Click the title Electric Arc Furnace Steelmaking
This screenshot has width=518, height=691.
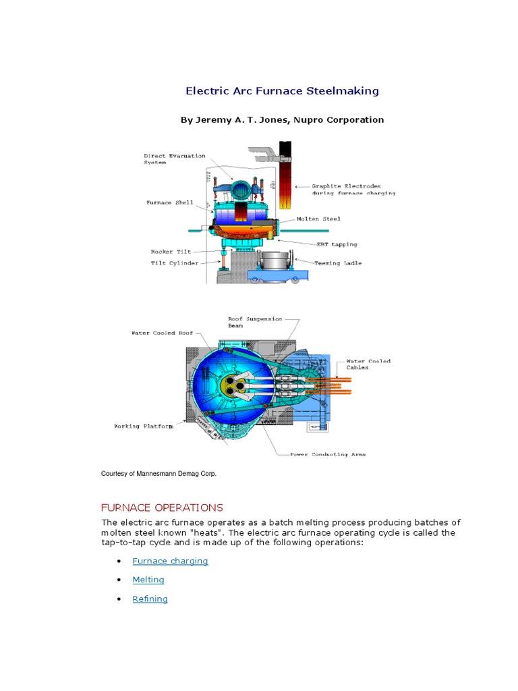282,90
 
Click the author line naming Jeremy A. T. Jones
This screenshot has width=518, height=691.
282,119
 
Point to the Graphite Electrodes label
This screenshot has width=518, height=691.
353,189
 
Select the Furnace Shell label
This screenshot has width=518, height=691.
169,202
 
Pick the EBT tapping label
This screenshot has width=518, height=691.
337,244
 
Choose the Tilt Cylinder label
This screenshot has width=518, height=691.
174,263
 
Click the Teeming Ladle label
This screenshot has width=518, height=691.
338,263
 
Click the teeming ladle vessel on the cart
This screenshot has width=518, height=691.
273,262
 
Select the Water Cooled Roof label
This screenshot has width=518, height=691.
162,333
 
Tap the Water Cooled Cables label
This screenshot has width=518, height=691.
368,364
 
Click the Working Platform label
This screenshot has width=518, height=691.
143,426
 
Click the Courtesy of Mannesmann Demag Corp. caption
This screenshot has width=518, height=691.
159,474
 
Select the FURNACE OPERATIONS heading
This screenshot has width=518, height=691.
162,507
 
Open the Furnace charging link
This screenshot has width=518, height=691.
170,561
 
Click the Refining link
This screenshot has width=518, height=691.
150,599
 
